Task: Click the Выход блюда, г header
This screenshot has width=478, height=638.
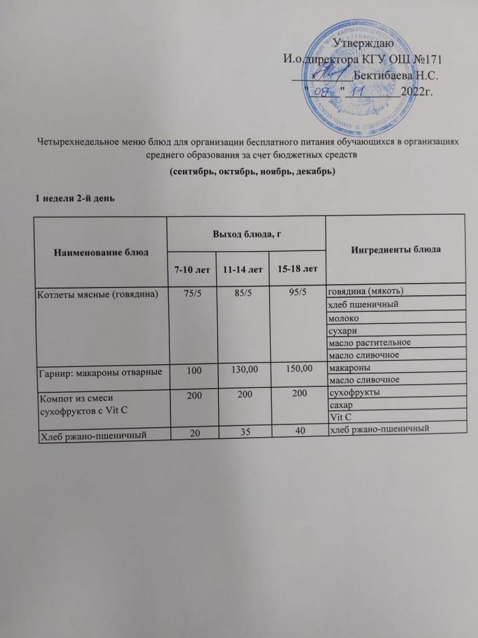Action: (x=246, y=233)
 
